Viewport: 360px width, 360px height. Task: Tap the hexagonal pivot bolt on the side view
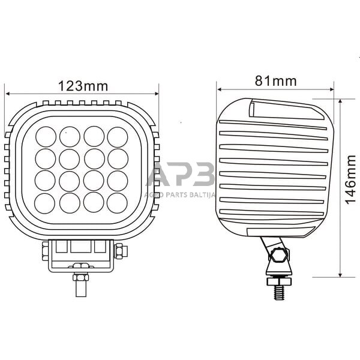[277, 255]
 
